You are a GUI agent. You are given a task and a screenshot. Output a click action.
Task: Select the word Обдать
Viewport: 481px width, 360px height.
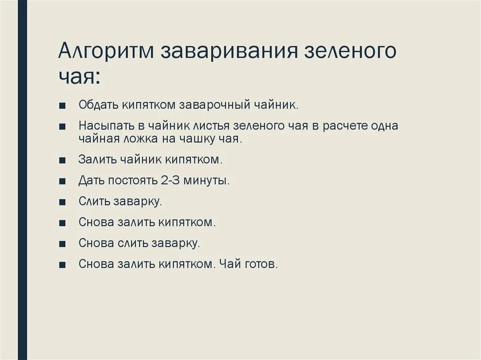(99, 105)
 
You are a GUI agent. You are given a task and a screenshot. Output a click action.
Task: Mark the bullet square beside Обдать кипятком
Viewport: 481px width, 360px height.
(62, 105)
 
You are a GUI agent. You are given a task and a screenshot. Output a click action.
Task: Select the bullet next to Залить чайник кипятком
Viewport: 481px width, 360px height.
(62, 160)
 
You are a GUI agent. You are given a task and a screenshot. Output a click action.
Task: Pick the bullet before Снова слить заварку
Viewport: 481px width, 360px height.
(62, 244)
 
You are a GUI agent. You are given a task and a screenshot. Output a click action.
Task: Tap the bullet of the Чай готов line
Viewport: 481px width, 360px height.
(62, 265)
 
